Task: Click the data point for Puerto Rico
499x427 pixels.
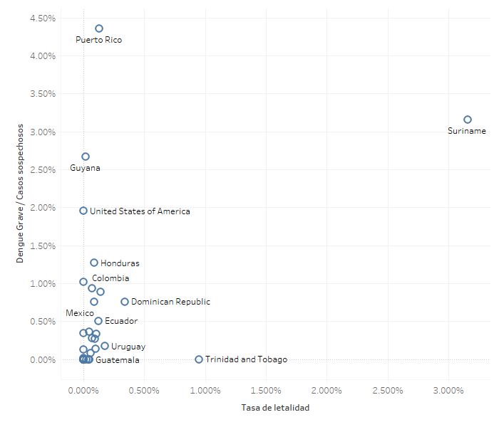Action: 99,28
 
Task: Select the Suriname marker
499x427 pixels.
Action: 468,120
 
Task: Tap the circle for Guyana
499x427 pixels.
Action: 86,157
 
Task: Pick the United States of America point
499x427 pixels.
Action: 83,211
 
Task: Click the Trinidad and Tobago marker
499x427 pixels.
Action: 199,359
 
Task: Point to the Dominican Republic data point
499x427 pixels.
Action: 125,302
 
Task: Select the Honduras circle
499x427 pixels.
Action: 94,263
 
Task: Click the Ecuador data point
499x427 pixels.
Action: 98,321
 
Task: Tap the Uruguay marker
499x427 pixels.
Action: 105,346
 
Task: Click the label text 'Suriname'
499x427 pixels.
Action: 467,131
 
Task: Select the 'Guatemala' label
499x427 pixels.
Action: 118,360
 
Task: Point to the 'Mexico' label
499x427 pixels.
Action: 80,313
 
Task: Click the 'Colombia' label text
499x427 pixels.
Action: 110,278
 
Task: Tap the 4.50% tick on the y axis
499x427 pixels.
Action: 43,18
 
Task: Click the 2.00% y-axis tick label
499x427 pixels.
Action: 43,208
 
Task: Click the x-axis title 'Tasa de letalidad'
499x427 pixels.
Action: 276,408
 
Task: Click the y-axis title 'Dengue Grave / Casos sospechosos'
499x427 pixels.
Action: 21,193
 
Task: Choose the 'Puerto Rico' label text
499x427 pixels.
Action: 98,40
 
